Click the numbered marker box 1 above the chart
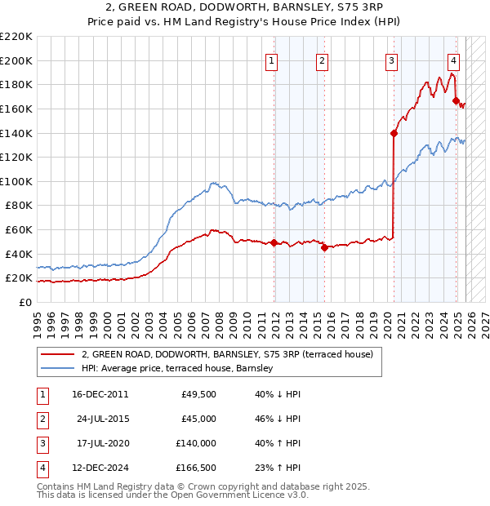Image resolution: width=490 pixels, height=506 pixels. click(x=270, y=60)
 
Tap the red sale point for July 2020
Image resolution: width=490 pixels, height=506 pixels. click(x=394, y=133)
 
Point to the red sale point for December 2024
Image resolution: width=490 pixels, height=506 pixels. click(x=456, y=100)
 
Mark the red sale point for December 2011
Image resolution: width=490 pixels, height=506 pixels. click(x=274, y=242)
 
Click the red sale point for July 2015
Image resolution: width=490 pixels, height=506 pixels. click(x=324, y=247)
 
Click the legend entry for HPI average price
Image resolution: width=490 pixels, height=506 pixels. click(x=176, y=369)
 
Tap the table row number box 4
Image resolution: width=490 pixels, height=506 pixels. click(x=42, y=468)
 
